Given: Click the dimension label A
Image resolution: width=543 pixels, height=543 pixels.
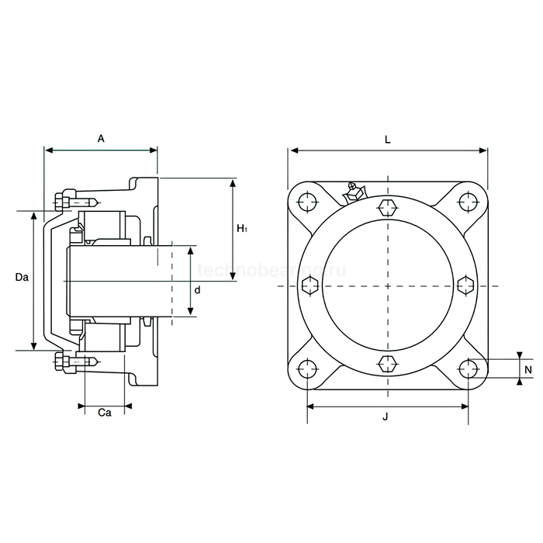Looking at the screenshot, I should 101,139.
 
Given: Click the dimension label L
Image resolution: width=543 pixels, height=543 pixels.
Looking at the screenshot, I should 387,139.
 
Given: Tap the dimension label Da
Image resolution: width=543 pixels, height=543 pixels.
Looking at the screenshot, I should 22,277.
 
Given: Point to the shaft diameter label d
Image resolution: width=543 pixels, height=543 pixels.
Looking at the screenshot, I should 198,289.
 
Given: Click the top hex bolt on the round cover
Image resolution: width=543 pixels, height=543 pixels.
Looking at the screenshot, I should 388,207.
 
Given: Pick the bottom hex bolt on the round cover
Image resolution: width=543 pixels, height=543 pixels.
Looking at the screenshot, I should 388,362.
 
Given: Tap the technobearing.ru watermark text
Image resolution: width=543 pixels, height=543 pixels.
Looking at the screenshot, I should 271,270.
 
